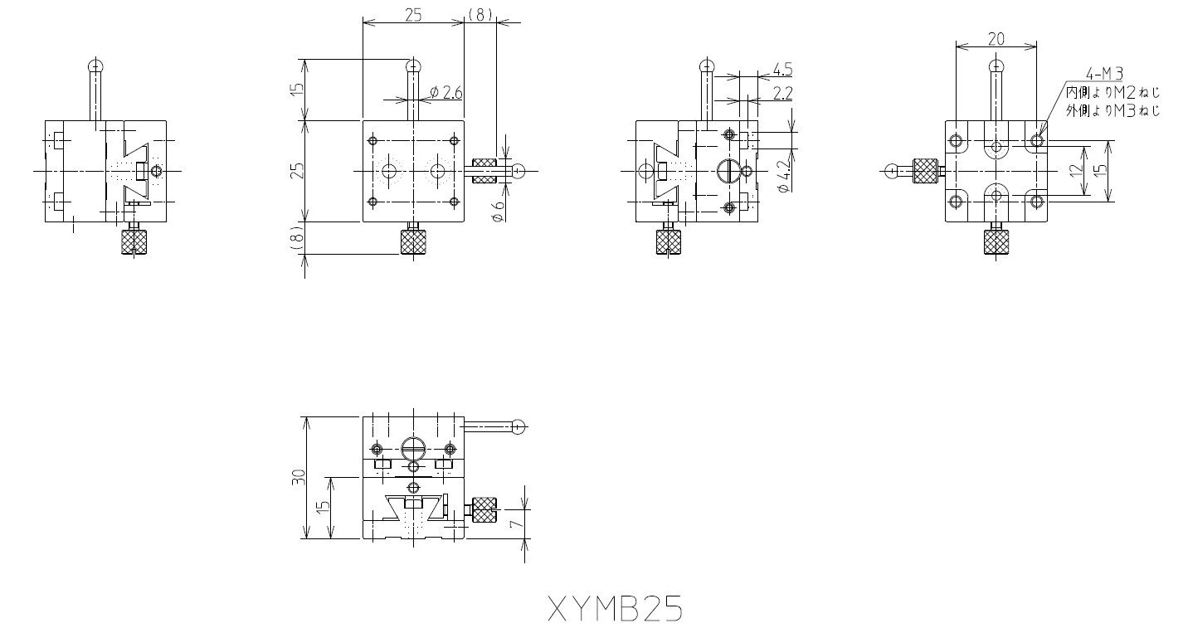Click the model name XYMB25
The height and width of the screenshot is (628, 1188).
(615, 609)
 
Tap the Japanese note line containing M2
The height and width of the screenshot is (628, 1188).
(1113, 92)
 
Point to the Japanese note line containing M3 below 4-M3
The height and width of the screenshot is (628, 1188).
(1113, 109)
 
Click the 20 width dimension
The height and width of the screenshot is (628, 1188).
(996, 38)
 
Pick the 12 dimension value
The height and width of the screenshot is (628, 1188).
(1076, 171)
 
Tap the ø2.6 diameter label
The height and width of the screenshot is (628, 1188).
(446, 93)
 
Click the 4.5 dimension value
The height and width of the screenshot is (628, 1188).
(781, 68)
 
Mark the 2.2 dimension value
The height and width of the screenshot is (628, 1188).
(781, 93)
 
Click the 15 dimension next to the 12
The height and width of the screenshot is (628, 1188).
(1100, 171)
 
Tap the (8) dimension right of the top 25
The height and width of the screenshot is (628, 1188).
(480, 14)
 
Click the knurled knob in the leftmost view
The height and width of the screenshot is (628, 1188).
(134, 241)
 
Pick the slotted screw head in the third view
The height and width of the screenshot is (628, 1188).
(727, 171)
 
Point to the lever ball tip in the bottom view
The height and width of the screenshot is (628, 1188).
(519, 427)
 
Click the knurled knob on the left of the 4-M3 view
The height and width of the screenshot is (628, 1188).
(926, 171)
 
